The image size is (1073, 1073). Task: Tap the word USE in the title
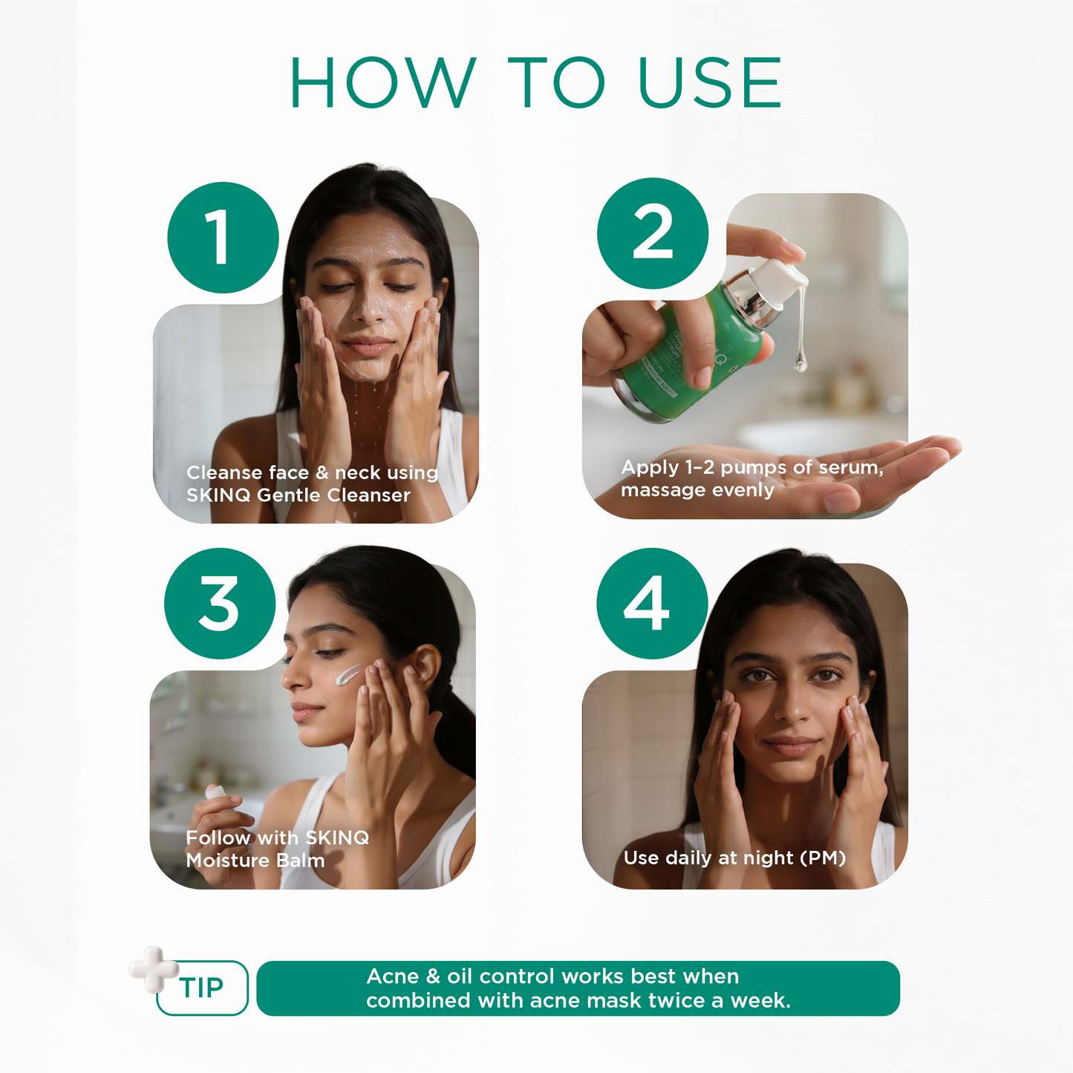[709, 82]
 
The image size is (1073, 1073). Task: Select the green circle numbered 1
[223, 238]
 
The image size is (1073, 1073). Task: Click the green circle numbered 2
[653, 233]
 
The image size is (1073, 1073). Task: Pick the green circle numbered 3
[220, 604]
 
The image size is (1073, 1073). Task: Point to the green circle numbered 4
[652, 604]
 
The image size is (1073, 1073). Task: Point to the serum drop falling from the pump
[800, 362]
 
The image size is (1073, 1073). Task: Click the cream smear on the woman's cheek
[347, 674]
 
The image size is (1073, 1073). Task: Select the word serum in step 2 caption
[849, 468]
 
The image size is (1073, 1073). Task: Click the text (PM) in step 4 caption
[822, 858]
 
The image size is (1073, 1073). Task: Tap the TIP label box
[202, 988]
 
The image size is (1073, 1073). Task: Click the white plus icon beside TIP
[153, 968]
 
